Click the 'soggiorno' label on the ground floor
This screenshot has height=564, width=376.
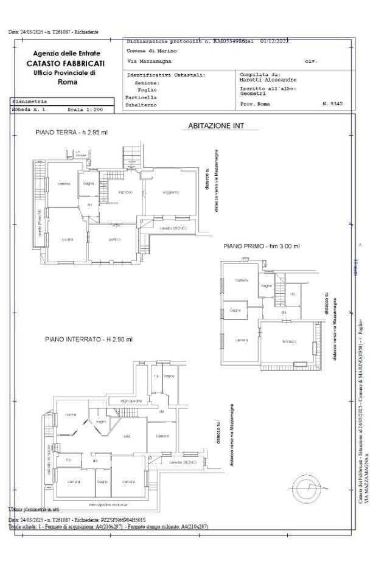[x=171, y=192]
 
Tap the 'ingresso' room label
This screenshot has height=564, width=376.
[x=125, y=192]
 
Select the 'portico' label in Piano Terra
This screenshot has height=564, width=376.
[x=114, y=239]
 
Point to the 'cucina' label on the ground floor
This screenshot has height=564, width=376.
[x=67, y=239]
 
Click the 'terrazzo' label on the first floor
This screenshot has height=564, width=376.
[x=288, y=341]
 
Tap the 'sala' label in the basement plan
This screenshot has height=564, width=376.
[x=127, y=436]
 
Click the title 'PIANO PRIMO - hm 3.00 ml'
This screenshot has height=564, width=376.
[x=261, y=246]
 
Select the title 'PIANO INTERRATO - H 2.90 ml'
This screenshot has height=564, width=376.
[x=88, y=339]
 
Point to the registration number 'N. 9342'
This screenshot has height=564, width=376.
[x=332, y=104]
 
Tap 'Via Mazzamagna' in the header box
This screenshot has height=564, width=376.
[x=149, y=61]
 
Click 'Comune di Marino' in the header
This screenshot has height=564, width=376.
[x=151, y=51]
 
